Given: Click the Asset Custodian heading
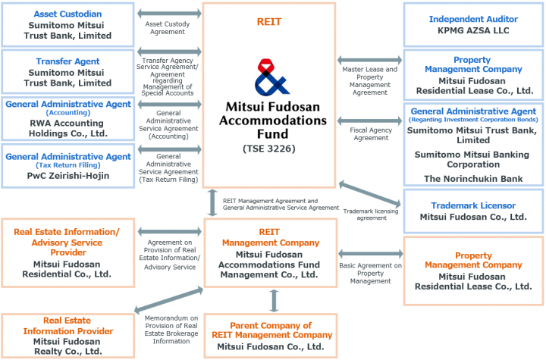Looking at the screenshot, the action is pyautogui.click(x=67, y=14).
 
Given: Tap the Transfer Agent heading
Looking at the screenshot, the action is pyautogui.click(x=67, y=61).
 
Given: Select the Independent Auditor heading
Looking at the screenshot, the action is pyautogui.click(x=473, y=19).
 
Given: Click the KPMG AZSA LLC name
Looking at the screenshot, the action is pyautogui.click(x=473, y=30).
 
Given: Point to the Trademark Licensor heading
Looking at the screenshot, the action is pyautogui.click(x=473, y=205).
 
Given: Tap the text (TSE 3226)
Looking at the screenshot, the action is pyautogui.click(x=268, y=149).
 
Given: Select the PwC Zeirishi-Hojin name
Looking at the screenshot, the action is pyautogui.click(x=68, y=176).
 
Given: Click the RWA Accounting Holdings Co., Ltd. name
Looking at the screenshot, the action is pyautogui.click(x=68, y=128).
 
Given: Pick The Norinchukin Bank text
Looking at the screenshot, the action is pyautogui.click(x=473, y=179).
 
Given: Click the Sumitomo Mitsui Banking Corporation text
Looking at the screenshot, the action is pyautogui.click(x=473, y=159).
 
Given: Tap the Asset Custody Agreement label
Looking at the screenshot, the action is pyautogui.click(x=168, y=28).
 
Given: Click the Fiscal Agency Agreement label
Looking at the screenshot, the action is pyautogui.click(x=371, y=134).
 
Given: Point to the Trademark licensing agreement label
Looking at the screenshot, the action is pyautogui.click(x=371, y=214).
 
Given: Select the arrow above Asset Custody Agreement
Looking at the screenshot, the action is pyautogui.click(x=169, y=14).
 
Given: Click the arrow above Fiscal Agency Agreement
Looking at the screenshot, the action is pyautogui.click(x=370, y=121).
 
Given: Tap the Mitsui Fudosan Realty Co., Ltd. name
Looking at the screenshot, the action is pyautogui.click(x=68, y=346).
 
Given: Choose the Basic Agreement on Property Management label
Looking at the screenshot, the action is pyautogui.click(x=371, y=274).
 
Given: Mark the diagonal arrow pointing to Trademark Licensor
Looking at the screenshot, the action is pyautogui.click(x=370, y=193).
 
